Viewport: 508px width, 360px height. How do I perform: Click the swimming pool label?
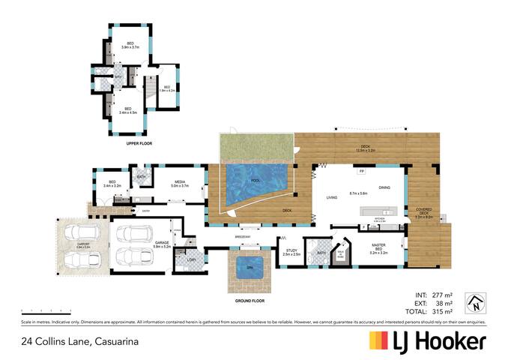point(255,181)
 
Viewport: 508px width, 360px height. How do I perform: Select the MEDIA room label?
point(180,182)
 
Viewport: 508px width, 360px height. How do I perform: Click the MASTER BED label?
point(378,252)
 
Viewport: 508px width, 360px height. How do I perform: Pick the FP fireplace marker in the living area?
point(363,172)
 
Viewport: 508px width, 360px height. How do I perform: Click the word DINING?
point(384,187)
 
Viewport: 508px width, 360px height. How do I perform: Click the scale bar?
point(45,309)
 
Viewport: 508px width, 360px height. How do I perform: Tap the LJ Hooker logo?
point(427,341)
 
